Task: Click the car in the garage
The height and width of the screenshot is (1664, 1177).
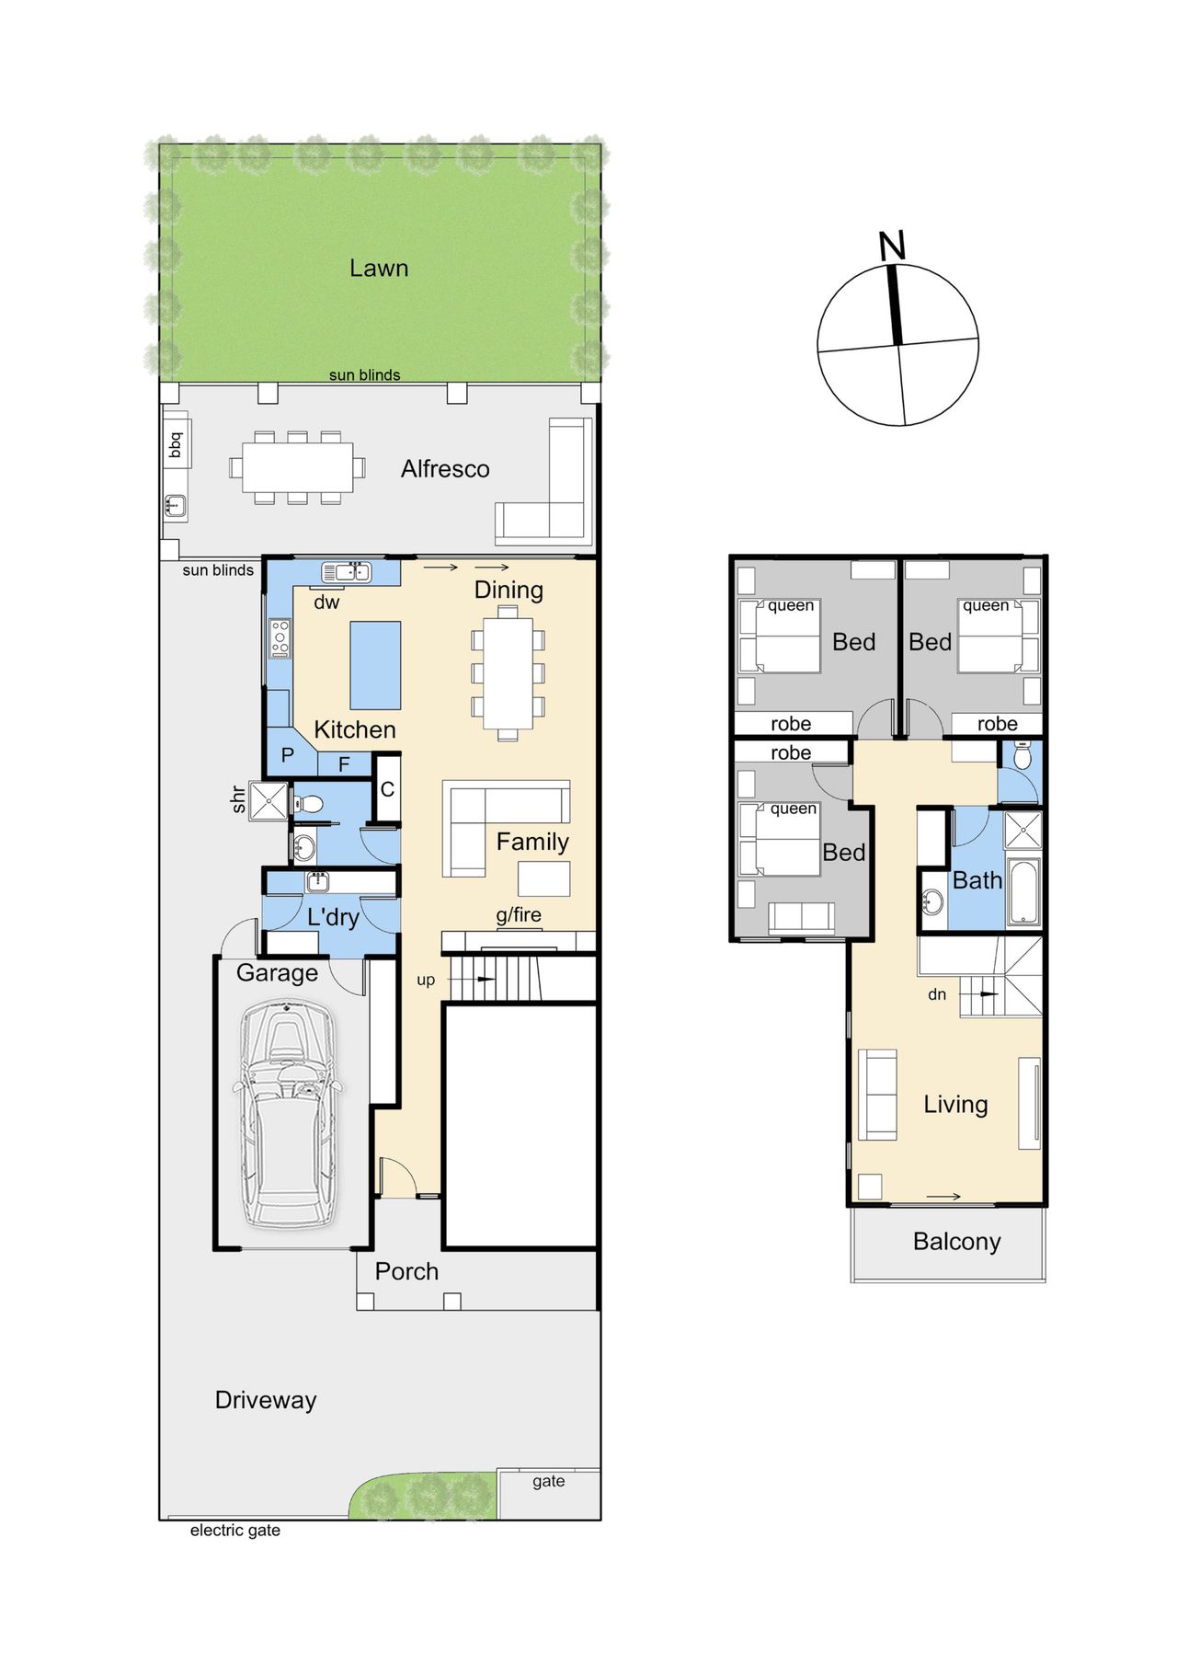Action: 286,1114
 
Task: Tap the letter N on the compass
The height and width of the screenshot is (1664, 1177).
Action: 892,246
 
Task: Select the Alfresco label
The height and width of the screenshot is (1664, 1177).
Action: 445,469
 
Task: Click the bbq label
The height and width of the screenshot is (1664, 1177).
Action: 176,445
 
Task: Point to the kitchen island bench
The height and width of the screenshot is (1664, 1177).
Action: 375,665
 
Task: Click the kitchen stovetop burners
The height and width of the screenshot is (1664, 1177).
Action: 280,638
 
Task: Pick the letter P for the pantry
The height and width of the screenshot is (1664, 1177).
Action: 288,755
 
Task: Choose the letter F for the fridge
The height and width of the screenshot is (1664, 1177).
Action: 344,764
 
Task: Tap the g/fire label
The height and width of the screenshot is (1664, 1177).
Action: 519,915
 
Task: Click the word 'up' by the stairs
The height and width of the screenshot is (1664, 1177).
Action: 426,981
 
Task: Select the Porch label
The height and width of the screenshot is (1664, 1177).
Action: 406,1271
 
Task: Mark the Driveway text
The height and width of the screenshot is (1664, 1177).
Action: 266,1400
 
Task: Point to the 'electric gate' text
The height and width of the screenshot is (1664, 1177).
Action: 235,1531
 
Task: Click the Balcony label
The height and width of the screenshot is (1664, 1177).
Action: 956,1242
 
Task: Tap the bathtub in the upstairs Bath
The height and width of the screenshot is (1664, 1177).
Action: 1023,891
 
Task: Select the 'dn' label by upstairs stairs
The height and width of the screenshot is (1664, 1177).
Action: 937,994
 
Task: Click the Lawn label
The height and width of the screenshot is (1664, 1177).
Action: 379,268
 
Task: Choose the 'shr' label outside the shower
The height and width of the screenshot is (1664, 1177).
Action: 238,798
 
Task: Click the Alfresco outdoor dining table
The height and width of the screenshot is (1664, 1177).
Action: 298,467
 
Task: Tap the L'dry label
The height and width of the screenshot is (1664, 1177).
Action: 334,917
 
